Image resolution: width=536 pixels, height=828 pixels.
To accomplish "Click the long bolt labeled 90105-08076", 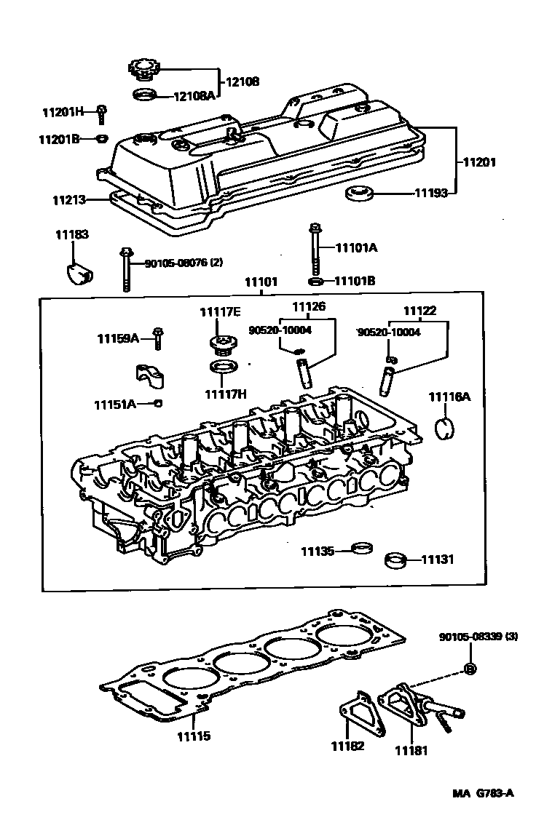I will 127,268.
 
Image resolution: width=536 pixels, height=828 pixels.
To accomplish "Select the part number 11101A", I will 356,247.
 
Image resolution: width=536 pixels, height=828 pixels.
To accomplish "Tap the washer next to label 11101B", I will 315,282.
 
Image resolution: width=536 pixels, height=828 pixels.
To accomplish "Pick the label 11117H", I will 225,394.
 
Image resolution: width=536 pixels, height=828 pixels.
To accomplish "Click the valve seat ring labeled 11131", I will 395,560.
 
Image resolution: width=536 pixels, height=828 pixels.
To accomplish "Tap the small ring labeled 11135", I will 359,548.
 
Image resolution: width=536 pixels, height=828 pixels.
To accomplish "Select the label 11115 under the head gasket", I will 193,736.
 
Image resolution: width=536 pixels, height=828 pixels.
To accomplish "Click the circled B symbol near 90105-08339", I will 470,669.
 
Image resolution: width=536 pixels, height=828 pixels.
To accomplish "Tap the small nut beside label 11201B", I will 102,138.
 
